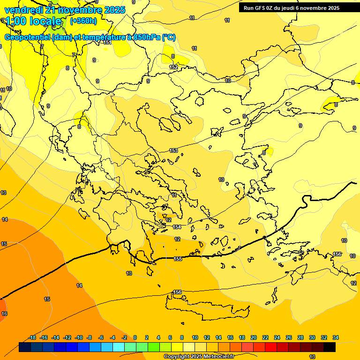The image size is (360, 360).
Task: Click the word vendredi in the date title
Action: pyautogui.click(x=22, y=10)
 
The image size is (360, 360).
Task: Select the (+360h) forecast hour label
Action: pyautogui.click(x=83, y=21)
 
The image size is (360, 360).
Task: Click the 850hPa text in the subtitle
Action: pyautogui.click(x=146, y=37)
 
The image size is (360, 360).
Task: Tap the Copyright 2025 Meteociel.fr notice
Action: pyautogui.click(x=199, y=357)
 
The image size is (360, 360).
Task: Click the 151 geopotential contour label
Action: pyautogui.click(x=107, y=43)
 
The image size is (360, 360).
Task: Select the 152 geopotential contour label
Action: pyautogui.click(x=173, y=67)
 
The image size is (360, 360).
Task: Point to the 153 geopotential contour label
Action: pyautogui.click(x=173, y=150)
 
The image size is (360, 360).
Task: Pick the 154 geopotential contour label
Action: pyautogui.click(x=177, y=227)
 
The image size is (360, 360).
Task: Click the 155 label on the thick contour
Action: pyautogui.click(x=178, y=259)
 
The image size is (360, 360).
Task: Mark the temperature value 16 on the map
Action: pyautogui.click(x=4, y=314)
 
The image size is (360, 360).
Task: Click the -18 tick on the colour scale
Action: pyautogui.click(x=32, y=337)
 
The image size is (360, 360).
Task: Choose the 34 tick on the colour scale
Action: pyautogui.click(x=335, y=337)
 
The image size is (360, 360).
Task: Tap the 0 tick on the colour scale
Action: pyautogui.click(x=135, y=337)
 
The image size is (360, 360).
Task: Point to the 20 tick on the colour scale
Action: pyautogui.click(x=253, y=337)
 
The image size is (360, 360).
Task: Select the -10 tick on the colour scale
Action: pyautogui.click(x=79, y=337)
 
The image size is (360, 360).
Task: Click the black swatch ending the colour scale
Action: pyautogui.click(x=329, y=347)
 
